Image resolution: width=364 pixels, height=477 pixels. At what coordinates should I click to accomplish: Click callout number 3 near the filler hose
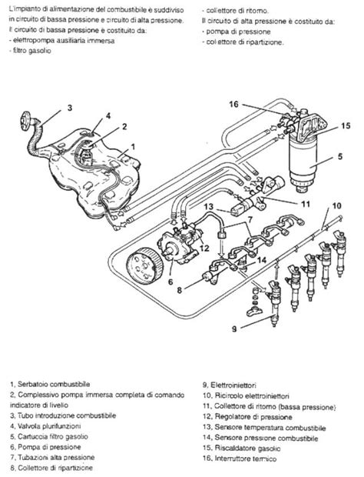(69, 108)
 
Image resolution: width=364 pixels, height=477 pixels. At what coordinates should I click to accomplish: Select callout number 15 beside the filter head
(346, 125)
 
